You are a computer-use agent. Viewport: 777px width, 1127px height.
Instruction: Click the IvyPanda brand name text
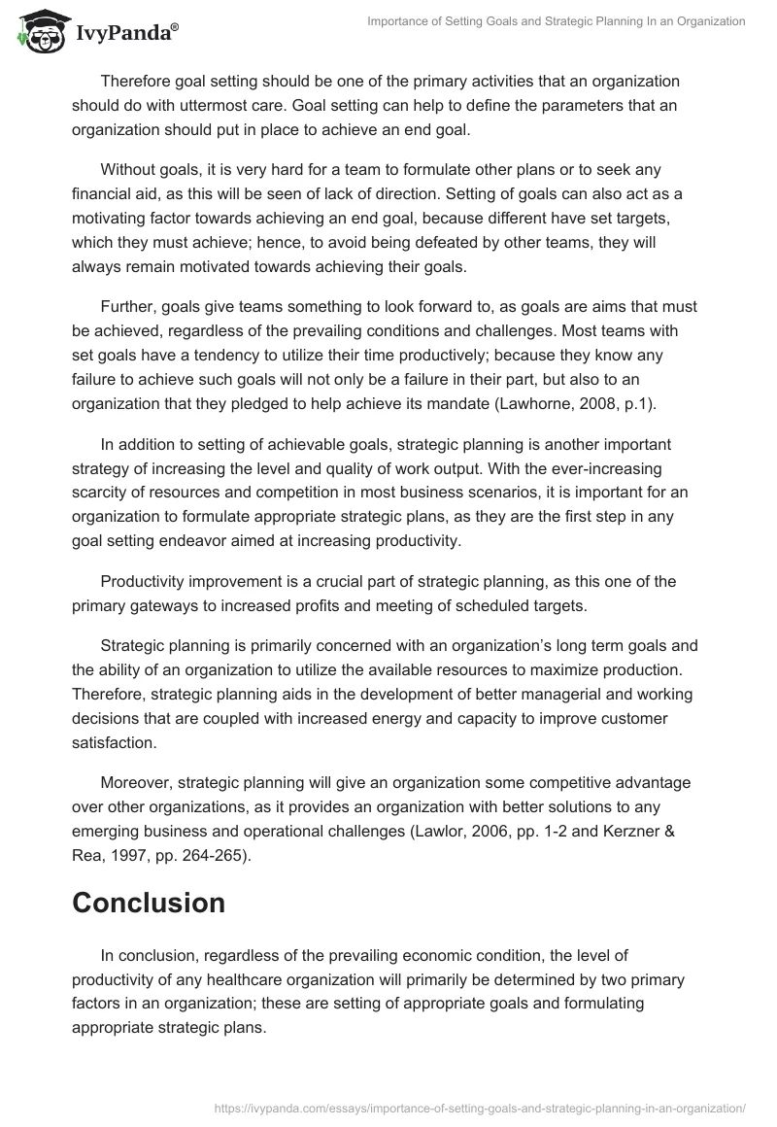124,34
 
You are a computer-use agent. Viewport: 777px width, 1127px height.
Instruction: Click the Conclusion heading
149,903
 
